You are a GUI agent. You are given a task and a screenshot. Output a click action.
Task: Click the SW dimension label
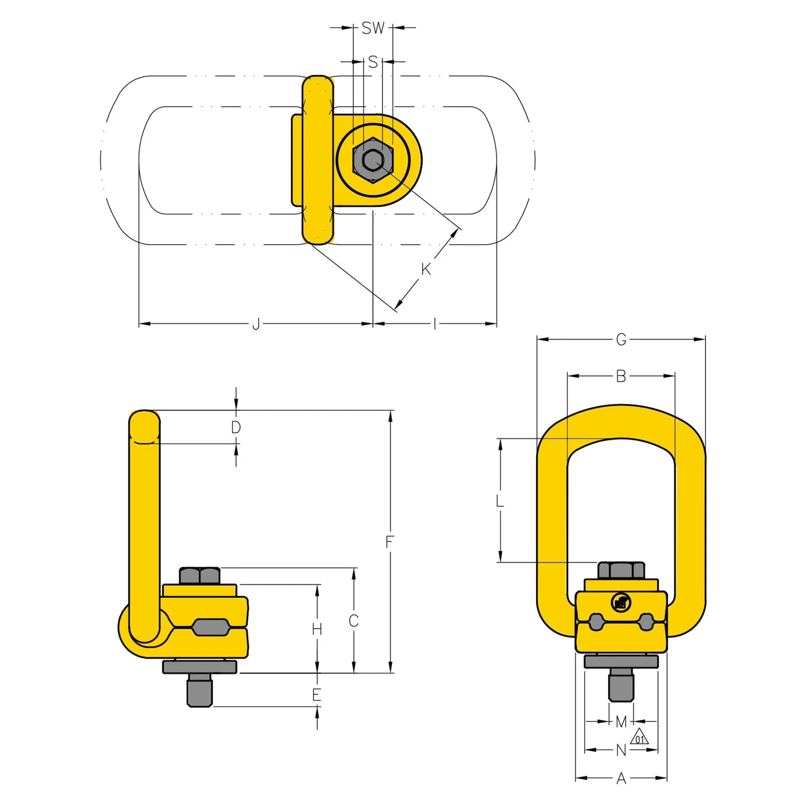(373, 28)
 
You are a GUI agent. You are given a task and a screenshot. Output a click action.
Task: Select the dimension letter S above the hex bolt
(373, 62)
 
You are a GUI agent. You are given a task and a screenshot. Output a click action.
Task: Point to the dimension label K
(426, 269)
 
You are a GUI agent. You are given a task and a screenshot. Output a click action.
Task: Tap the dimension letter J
(256, 324)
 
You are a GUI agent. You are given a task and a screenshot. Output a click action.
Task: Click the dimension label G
(621, 339)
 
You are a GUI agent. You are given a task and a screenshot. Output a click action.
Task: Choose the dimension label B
(621, 376)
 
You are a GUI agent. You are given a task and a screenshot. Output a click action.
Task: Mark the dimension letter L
(500, 501)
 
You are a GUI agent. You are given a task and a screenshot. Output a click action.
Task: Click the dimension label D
(236, 427)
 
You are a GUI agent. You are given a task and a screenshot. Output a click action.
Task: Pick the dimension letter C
(353, 620)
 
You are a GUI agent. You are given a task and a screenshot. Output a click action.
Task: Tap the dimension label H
(317, 629)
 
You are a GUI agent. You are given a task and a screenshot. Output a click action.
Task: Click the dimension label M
(621, 722)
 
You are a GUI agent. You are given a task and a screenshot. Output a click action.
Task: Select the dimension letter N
(621, 750)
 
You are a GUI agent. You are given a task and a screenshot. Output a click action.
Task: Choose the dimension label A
(621, 779)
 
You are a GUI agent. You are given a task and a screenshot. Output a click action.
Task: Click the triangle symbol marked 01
(639, 737)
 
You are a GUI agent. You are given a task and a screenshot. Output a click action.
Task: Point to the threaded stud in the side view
(199, 692)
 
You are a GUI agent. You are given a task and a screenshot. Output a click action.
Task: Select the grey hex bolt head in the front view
(621, 570)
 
